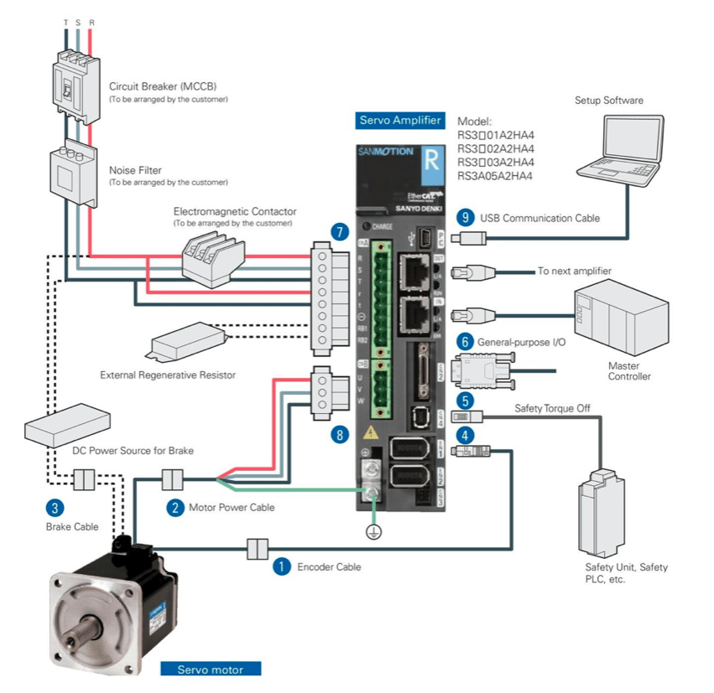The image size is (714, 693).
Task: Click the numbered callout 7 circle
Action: [x=339, y=232]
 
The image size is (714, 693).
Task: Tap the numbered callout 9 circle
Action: [x=465, y=217]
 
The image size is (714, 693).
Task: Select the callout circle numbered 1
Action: [x=283, y=566]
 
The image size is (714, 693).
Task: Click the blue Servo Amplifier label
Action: [x=400, y=121]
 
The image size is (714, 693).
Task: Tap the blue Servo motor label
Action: [x=211, y=670]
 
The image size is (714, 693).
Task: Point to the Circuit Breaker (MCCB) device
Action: [x=76, y=85]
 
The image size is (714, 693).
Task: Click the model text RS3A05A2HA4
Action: [x=495, y=176]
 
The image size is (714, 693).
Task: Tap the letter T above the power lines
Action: [x=65, y=22]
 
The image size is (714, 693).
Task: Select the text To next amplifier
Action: [x=575, y=272]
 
